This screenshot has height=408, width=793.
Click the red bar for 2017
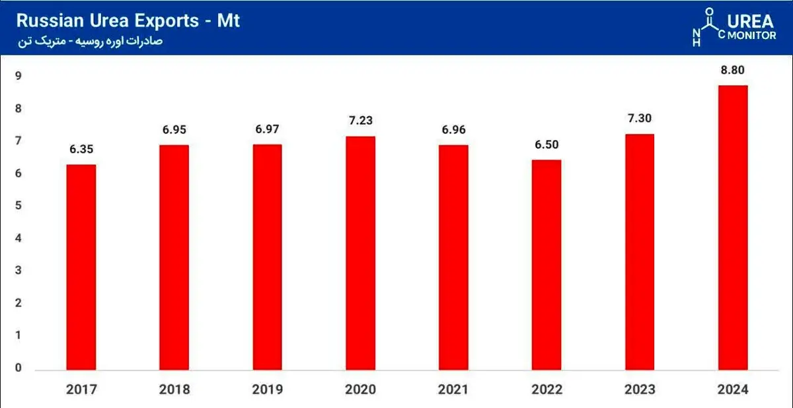81,268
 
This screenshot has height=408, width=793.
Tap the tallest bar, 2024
733,228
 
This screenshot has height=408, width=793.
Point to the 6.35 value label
81,149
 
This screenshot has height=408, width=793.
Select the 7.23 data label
360,121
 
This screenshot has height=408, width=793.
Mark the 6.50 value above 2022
547,145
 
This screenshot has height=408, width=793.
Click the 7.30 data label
640,119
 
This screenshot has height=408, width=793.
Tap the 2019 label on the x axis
267,390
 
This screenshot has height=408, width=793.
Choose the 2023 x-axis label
640,390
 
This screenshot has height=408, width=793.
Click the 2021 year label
453,390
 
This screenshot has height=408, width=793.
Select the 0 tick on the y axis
19,368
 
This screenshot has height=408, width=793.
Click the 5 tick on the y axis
19,206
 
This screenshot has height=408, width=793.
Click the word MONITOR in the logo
751,36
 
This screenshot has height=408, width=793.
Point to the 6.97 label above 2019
267,129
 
